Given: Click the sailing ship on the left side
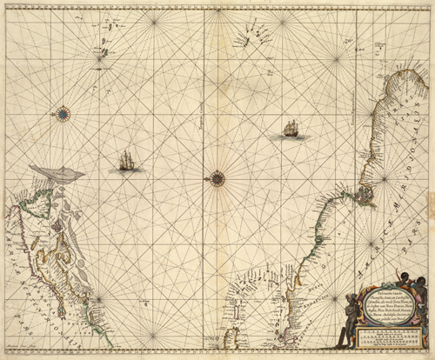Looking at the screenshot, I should pyautogui.click(x=128, y=161).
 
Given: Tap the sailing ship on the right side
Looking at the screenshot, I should pyautogui.click(x=291, y=130).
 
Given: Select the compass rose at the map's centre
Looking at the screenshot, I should pyautogui.click(x=217, y=179).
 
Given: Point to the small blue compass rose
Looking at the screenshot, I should pyautogui.click(x=62, y=111).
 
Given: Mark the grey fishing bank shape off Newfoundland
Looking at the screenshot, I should pyautogui.click(x=56, y=174).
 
